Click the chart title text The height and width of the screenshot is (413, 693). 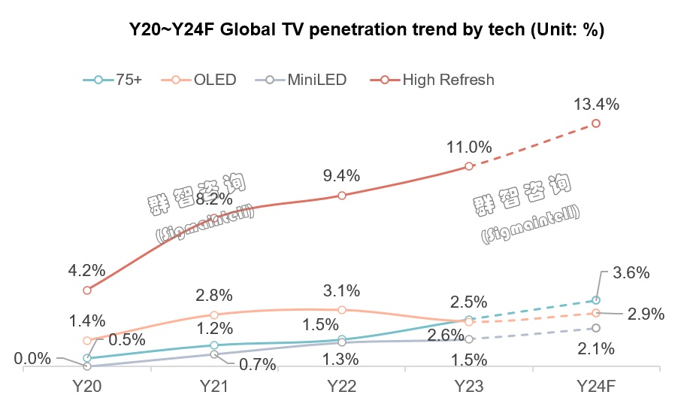(x=368, y=30)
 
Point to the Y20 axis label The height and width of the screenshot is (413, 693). (x=87, y=386)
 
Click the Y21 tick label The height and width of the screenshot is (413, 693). (x=214, y=386)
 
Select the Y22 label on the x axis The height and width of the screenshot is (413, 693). (x=341, y=386)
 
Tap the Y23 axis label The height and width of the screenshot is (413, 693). (x=468, y=386)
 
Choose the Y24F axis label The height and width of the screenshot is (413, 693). (x=596, y=386)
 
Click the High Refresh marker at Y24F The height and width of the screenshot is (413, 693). (x=596, y=123)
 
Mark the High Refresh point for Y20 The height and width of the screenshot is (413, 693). (x=87, y=290)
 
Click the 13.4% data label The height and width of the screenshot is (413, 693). (x=596, y=105)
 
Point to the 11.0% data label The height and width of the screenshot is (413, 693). (x=468, y=147)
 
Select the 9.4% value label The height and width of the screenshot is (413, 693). (x=341, y=176)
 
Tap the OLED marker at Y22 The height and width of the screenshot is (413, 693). (x=341, y=309)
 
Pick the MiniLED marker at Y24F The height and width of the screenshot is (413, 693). (x=596, y=328)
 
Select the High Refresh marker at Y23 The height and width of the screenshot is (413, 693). (x=468, y=166)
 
